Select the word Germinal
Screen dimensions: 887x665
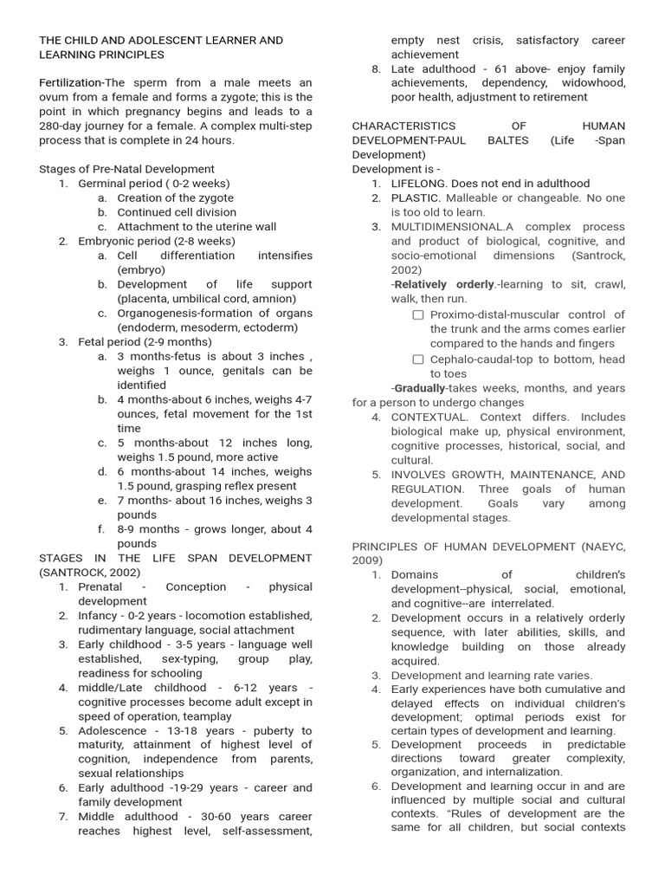103,184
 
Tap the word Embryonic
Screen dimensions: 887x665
107,241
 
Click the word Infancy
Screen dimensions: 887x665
97,616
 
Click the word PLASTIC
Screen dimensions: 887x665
416,198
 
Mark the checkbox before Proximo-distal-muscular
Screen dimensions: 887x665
418,315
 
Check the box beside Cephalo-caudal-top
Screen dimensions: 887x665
418,359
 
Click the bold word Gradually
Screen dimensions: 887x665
419,389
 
